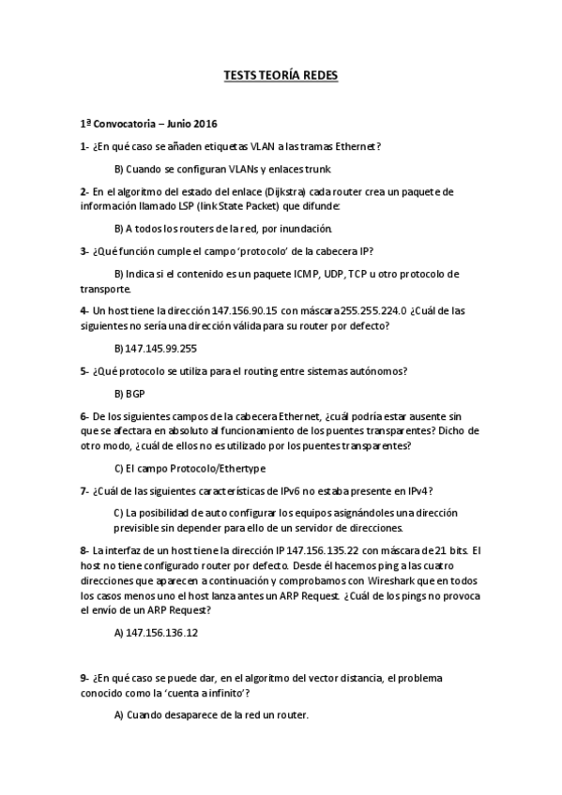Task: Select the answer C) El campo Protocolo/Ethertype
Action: [x=190, y=467]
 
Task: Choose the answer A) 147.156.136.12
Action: [x=156, y=633]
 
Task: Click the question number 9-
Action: [x=85, y=677]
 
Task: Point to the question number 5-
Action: [x=85, y=370]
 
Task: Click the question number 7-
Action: [x=85, y=490]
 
